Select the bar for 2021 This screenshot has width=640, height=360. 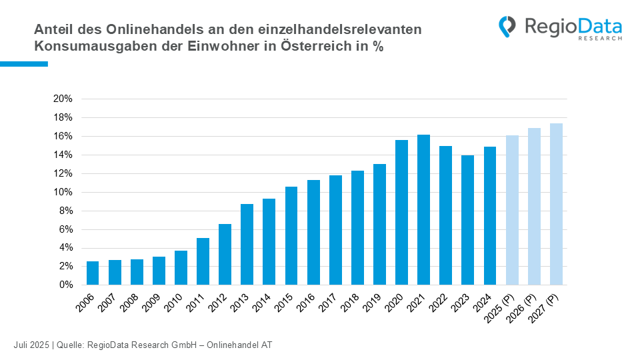[x=424, y=210]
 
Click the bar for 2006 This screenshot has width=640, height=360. [x=93, y=273]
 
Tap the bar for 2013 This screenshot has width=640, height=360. [x=247, y=245]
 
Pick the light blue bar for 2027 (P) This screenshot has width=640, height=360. [x=556, y=204]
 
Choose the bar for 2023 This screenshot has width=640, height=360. [x=468, y=220]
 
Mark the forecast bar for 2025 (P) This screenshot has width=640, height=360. [x=512, y=210]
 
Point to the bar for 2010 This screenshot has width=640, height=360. [x=181, y=268]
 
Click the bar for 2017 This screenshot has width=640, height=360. [x=335, y=230]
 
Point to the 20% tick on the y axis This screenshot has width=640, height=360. [x=63, y=99]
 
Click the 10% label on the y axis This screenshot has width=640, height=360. [x=63, y=192]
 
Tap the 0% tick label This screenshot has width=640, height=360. [x=66, y=285]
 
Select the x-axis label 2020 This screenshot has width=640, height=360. [x=395, y=303]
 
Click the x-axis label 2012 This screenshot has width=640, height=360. [x=218, y=303]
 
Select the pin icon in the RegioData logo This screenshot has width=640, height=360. [x=507, y=27]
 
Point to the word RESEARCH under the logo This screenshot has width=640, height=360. [x=600, y=39]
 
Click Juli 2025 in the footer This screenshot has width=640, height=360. [x=31, y=345]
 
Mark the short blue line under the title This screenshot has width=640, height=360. [x=24, y=64]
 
